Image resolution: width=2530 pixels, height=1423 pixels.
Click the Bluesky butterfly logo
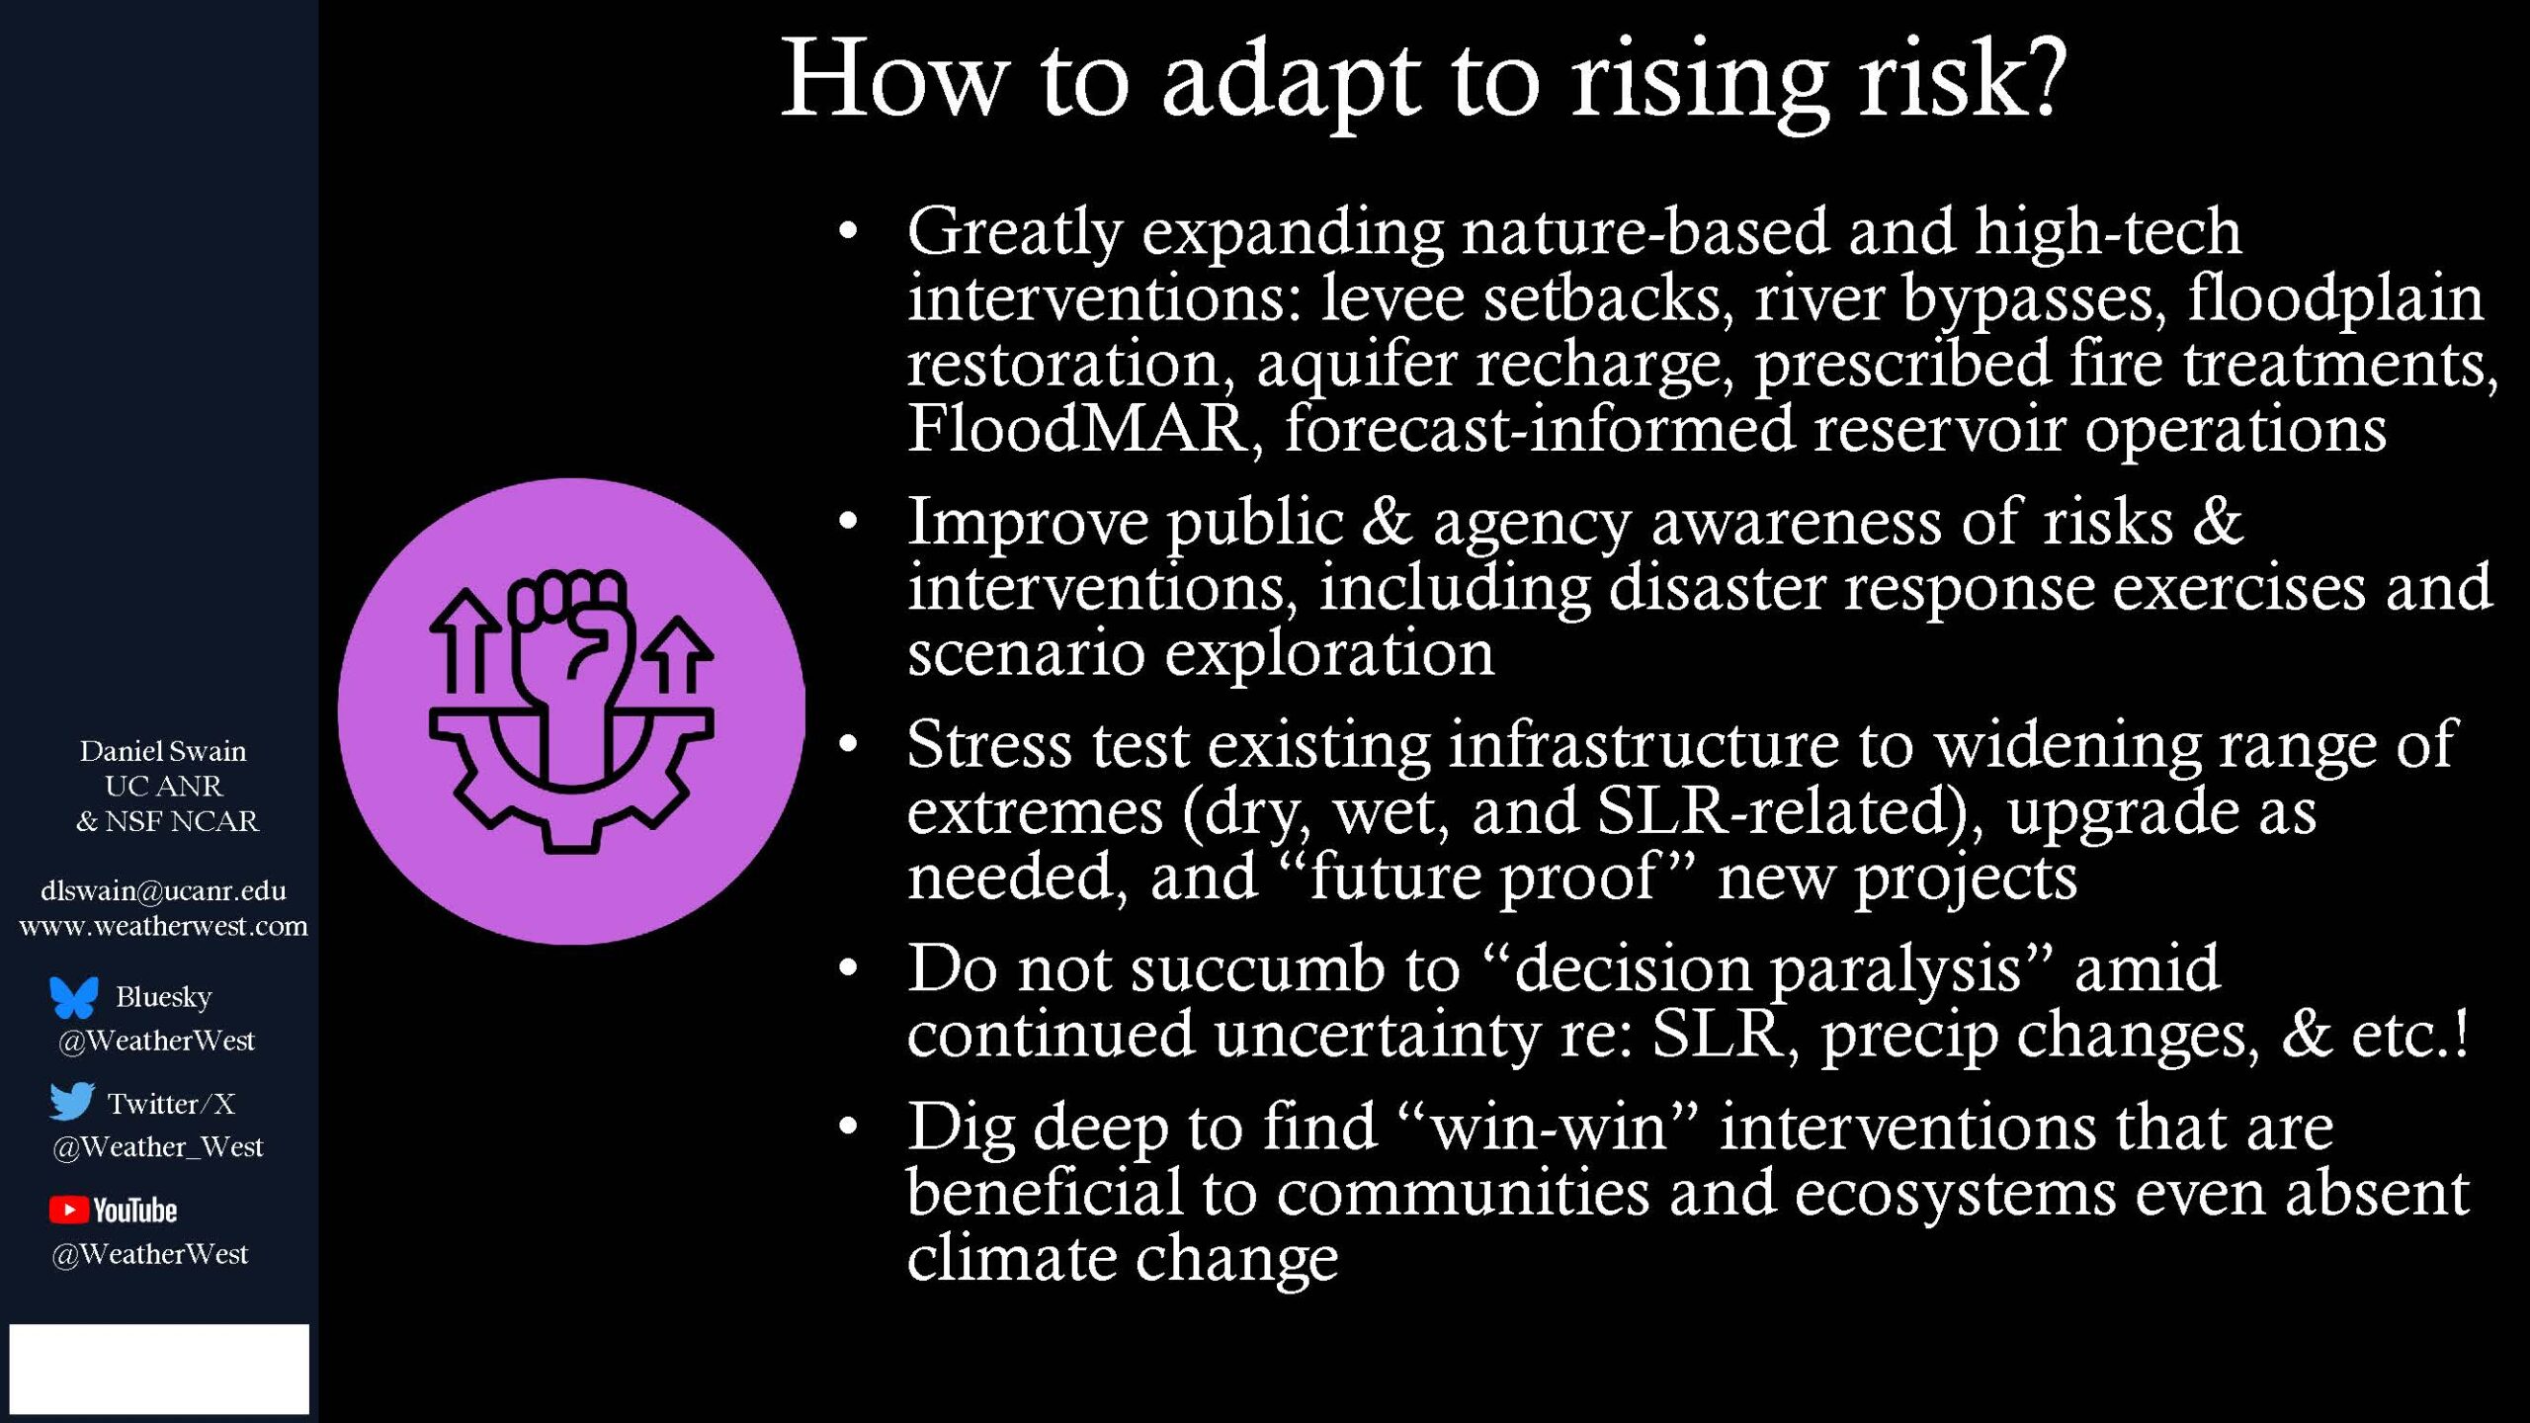click(x=74, y=997)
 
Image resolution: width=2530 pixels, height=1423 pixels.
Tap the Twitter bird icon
click(x=72, y=1101)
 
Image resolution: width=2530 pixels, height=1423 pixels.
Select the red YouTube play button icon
click(x=68, y=1210)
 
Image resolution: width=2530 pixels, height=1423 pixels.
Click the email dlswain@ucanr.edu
click(x=163, y=890)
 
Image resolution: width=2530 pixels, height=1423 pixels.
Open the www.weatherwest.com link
click(x=163, y=926)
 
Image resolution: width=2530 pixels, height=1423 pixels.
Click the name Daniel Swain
click(x=163, y=751)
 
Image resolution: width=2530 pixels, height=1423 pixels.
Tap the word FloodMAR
click(x=1077, y=429)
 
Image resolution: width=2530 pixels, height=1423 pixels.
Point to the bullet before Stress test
click(x=848, y=745)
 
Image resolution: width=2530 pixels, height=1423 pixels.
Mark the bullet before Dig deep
click(x=848, y=1128)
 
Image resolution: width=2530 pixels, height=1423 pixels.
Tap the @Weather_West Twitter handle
click(x=158, y=1147)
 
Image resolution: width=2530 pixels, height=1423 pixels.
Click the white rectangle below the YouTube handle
click(x=159, y=1369)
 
